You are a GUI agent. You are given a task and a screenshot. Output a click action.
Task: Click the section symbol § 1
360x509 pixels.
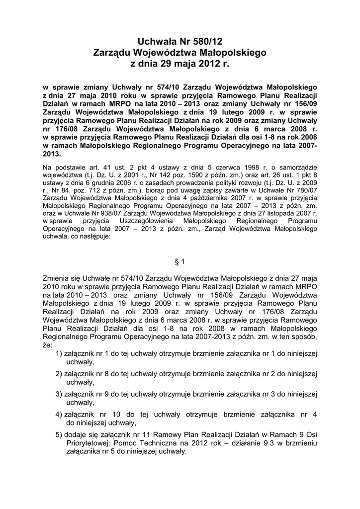(180, 261)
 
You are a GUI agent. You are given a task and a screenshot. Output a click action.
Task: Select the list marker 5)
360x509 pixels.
(59, 434)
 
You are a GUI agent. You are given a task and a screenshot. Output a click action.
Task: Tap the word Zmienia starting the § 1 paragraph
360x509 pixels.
(58, 278)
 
